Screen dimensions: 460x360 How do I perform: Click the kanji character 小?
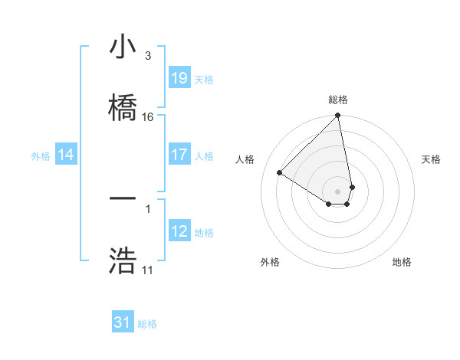coord(123,47)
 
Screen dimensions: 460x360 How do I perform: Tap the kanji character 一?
coord(123,198)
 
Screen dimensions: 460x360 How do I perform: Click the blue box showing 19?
coord(179,78)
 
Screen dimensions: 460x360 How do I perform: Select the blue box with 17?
coord(179,155)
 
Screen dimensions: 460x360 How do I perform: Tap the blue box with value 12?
coord(179,231)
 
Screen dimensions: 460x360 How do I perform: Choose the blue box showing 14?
coord(66,155)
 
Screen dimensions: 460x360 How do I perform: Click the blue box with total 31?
coord(123,323)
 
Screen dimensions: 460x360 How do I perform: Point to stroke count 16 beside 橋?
coord(148,117)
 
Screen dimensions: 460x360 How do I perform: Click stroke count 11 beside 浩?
coord(147,270)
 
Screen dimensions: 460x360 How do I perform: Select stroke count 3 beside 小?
coord(147,56)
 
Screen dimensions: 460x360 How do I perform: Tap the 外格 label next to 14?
coord(41,155)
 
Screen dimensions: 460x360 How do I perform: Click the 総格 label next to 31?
coord(147,324)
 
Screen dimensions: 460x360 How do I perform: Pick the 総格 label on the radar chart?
coord(338,100)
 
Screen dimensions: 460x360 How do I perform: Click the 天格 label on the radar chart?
coord(432,159)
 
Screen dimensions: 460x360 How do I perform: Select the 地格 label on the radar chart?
coord(402,262)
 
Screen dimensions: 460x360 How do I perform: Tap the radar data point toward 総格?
coord(338,116)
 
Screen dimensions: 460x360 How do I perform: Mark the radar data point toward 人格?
coord(280,172)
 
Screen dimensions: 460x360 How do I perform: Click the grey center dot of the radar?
coord(338,191)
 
